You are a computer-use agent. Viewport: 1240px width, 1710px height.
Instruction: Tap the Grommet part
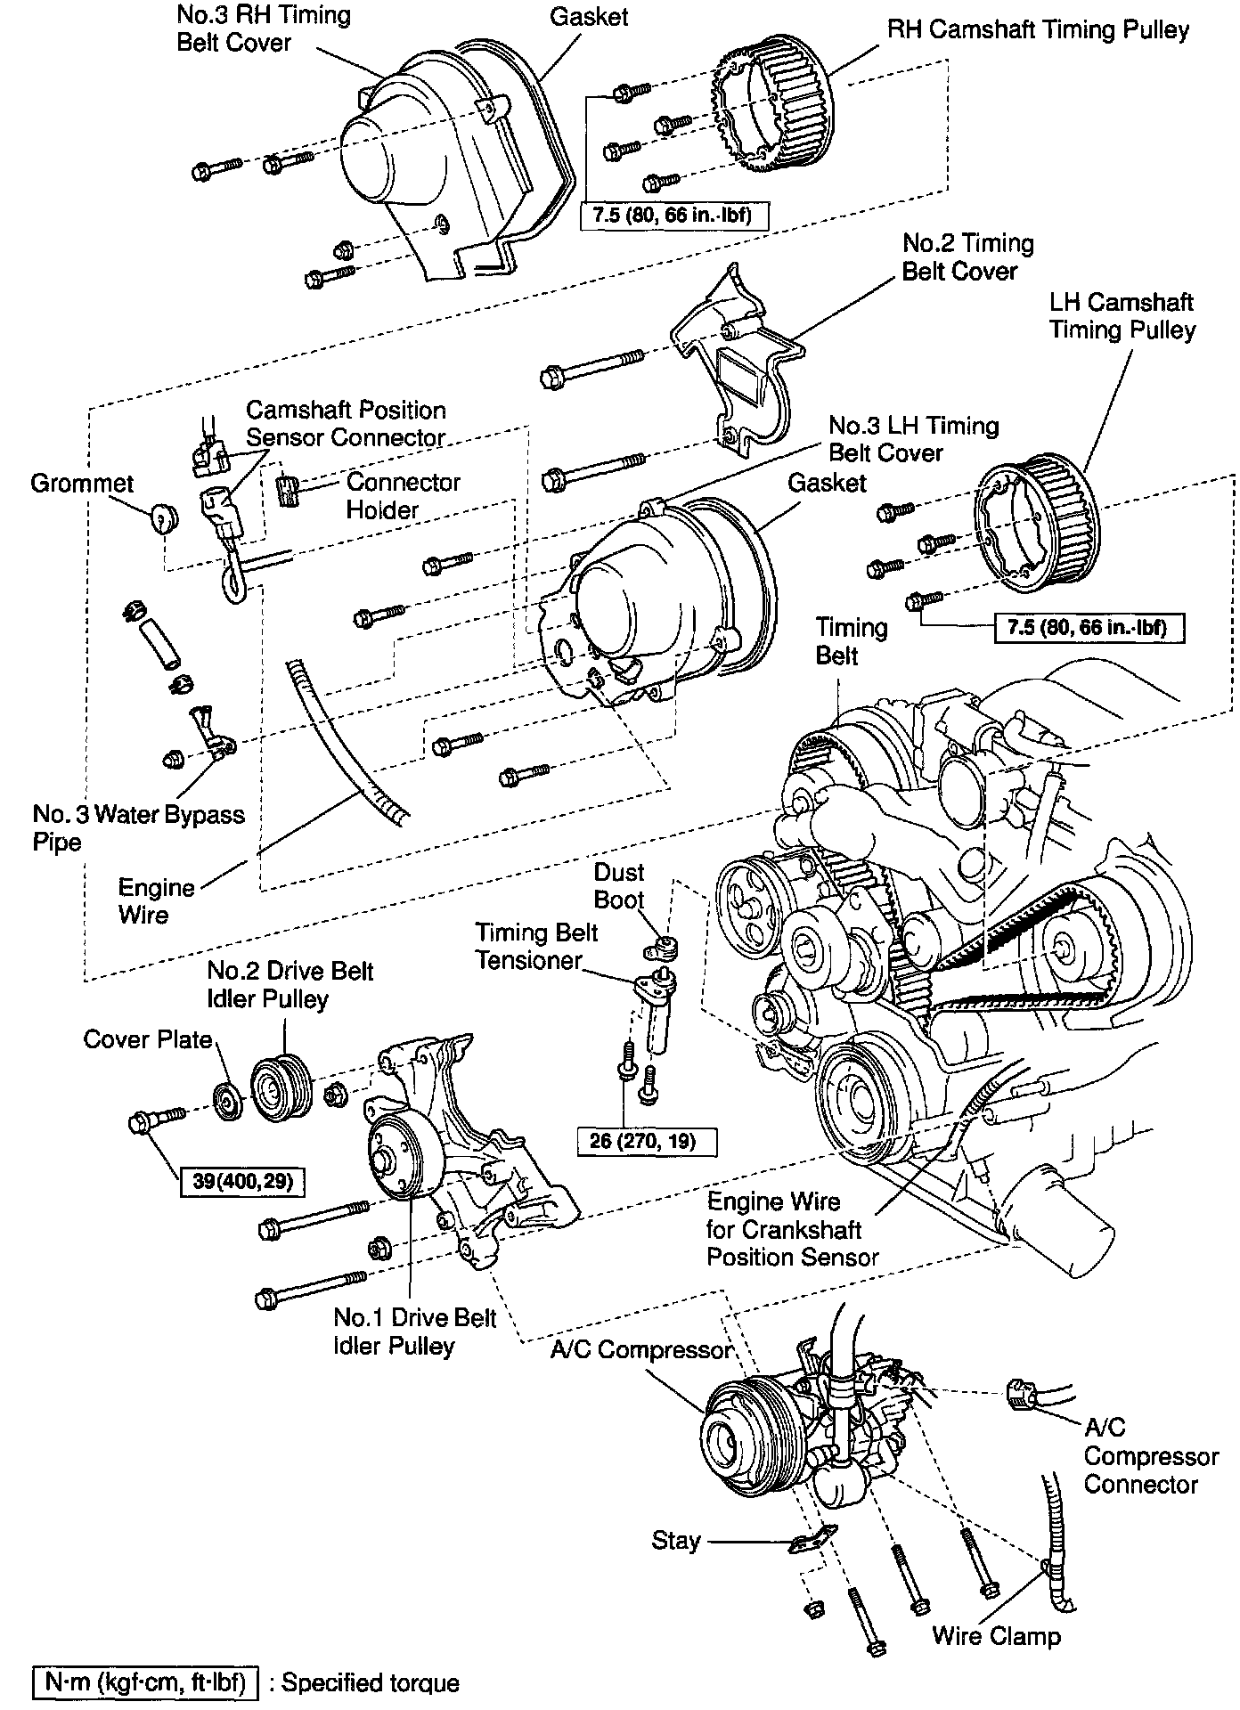(x=163, y=517)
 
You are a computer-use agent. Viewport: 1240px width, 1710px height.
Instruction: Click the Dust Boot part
(x=664, y=946)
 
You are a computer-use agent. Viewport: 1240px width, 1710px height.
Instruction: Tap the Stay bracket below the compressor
(x=812, y=1542)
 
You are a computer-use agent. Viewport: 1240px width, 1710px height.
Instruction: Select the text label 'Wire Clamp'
(x=996, y=1635)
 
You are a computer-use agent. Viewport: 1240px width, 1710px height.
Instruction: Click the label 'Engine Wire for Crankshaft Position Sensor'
(x=792, y=1229)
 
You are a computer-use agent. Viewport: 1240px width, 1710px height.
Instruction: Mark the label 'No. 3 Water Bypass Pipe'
(x=138, y=827)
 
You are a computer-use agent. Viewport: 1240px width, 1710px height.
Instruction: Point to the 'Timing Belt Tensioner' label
(x=535, y=946)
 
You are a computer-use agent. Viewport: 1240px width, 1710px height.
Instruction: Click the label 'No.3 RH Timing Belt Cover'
(x=263, y=28)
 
